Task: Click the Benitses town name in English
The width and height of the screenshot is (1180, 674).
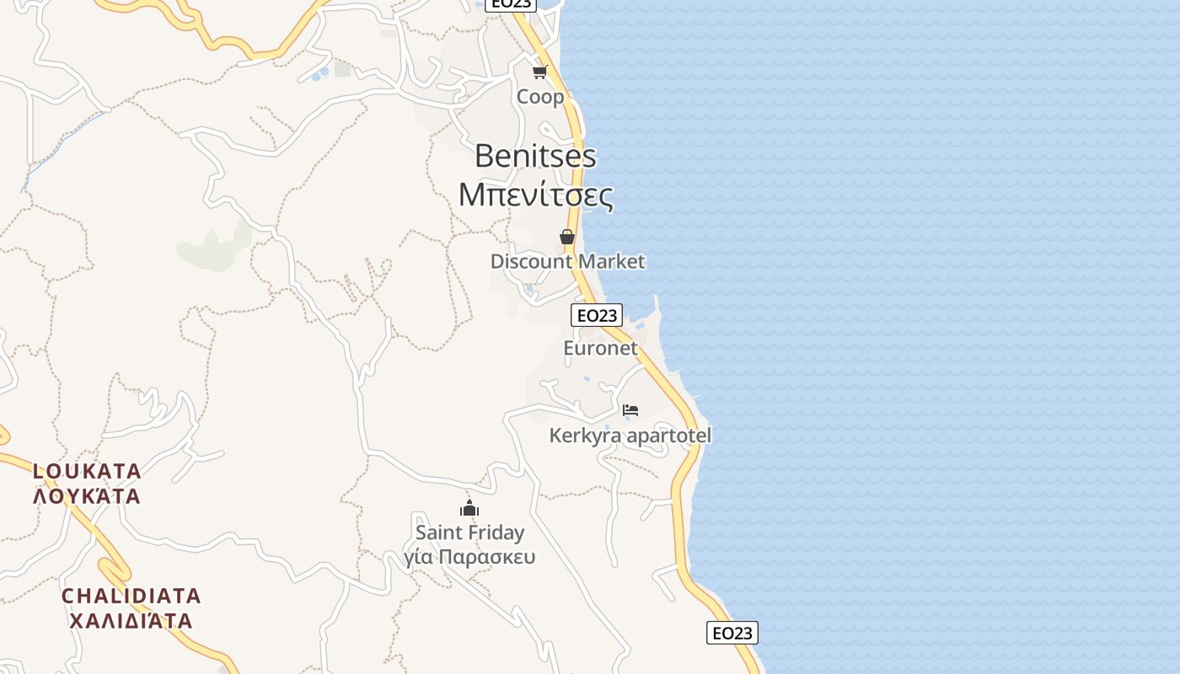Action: click(535, 156)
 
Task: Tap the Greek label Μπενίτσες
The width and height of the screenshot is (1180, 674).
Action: click(535, 195)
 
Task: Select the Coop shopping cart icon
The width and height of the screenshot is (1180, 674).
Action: click(540, 72)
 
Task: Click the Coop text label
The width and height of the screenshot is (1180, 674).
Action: click(540, 97)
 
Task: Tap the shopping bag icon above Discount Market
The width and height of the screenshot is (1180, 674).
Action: click(567, 237)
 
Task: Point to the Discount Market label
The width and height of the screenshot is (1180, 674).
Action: click(567, 261)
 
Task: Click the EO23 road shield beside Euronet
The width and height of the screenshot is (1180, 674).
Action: click(597, 315)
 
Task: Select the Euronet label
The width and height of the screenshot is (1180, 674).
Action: click(600, 348)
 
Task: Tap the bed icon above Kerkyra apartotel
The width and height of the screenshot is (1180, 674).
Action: click(630, 410)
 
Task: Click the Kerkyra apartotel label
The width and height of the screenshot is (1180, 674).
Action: click(630, 436)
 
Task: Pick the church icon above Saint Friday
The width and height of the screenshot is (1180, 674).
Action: click(469, 508)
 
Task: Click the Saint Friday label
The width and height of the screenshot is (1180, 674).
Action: click(469, 532)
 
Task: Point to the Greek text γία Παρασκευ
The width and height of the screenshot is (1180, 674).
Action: click(469, 557)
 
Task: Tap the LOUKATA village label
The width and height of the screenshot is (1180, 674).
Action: click(87, 470)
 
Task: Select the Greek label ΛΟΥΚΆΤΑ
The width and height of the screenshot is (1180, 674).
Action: click(87, 495)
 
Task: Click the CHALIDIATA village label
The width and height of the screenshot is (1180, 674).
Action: click(131, 596)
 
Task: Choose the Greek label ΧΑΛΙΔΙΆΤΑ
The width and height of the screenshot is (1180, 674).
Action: click(131, 621)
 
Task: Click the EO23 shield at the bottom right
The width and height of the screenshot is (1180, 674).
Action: click(732, 633)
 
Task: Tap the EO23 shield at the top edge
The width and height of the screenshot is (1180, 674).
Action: click(511, 4)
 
